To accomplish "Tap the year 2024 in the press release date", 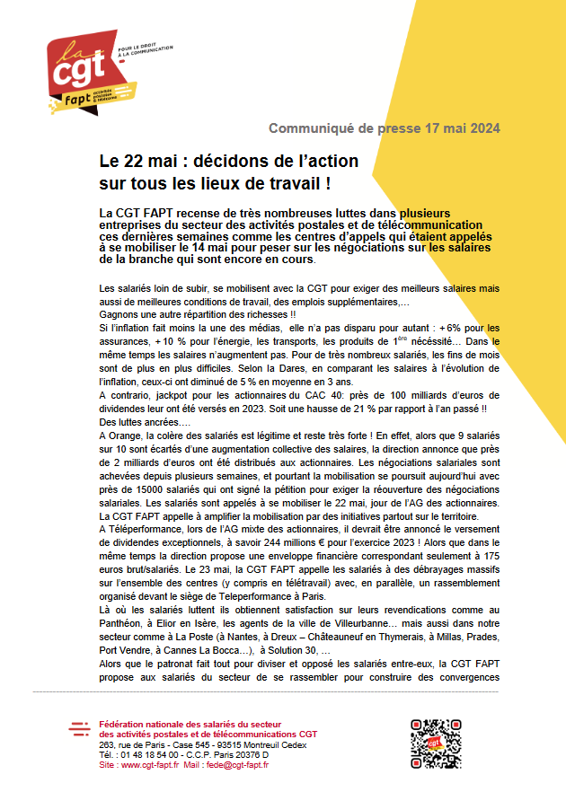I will [483, 128].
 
